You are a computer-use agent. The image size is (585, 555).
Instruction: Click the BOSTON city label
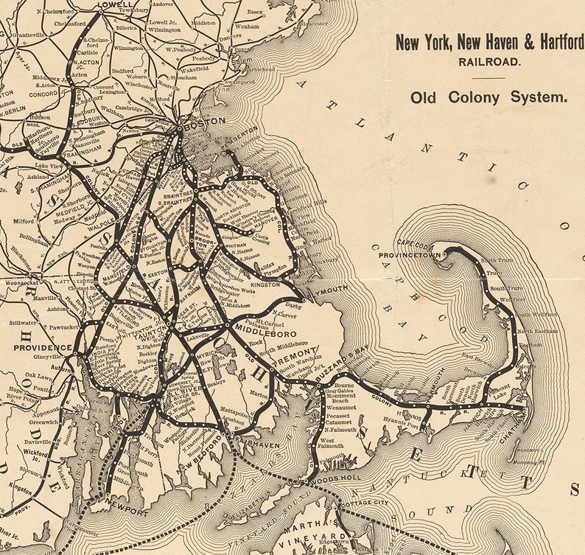coord(203,126)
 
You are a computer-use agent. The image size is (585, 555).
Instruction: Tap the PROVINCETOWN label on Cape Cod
coord(410,256)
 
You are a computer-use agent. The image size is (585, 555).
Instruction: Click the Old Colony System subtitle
coord(489,97)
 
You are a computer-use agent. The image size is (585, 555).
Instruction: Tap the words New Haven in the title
coord(485,43)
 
